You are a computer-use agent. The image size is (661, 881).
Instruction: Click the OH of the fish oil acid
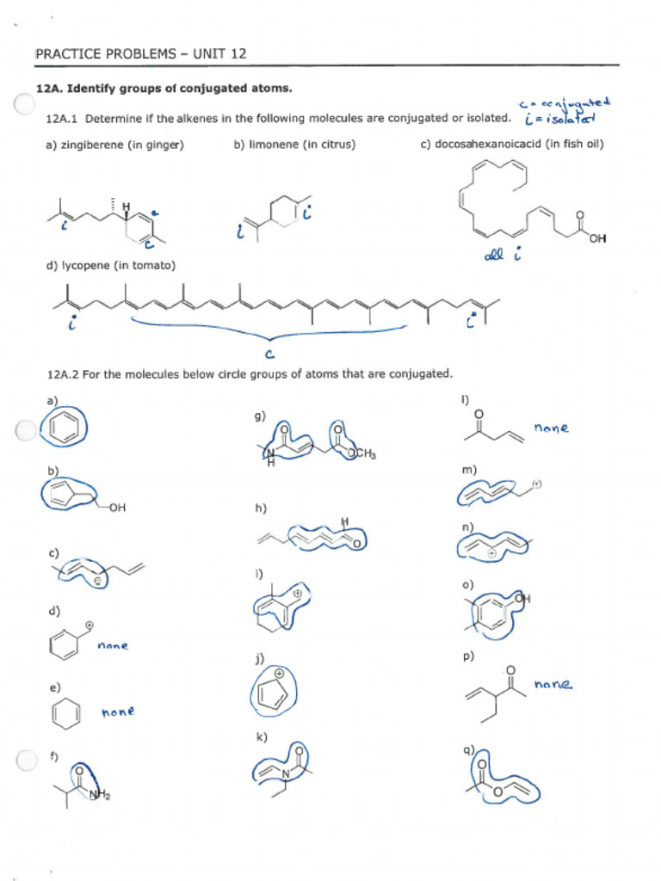coord(598,238)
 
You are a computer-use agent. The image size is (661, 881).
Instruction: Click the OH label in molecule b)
coord(118,508)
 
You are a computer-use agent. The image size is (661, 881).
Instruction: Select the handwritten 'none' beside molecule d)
coord(113,644)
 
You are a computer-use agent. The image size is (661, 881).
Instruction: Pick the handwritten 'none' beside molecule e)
coord(118,712)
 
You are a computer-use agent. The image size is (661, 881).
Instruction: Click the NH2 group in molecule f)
coord(100,796)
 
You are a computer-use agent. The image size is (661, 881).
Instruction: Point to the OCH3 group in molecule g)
coord(361,454)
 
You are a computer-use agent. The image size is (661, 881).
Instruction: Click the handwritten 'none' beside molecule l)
coord(551,428)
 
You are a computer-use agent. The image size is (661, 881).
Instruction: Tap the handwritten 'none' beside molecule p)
coord(553,685)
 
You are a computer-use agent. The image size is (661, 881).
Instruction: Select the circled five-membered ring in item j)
coord(273,691)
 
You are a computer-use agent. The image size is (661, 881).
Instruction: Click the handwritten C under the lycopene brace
coord(269,352)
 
